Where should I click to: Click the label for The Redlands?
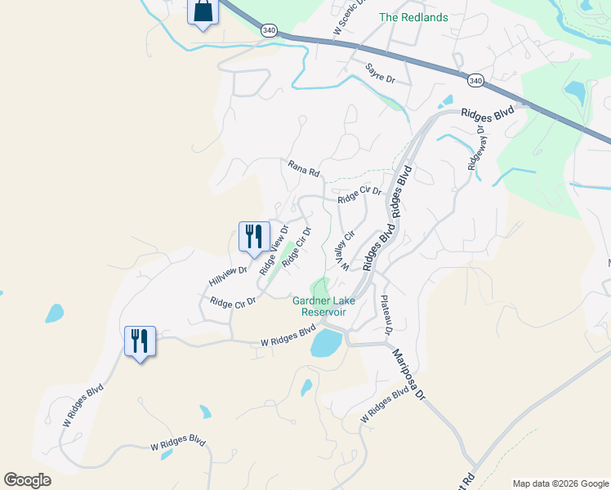click(413, 16)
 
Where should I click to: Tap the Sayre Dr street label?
click(380, 74)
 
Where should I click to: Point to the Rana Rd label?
click(303, 168)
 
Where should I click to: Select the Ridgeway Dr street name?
click(475, 147)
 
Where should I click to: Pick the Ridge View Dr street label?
click(274, 251)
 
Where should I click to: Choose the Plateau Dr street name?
click(386, 314)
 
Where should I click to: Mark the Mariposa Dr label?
click(409, 373)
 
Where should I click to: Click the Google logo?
click(27, 480)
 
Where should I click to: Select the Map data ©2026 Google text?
click(560, 483)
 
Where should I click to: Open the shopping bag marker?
click(203, 12)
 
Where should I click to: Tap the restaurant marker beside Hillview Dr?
click(254, 236)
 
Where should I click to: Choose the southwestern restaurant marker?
click(140, 340)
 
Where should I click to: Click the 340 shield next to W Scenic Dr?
click(269, 29)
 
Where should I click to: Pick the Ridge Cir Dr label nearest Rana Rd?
click(359, 194)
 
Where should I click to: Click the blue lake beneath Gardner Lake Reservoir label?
click(326, 343)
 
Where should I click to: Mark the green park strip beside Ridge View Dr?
click(288, 260)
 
